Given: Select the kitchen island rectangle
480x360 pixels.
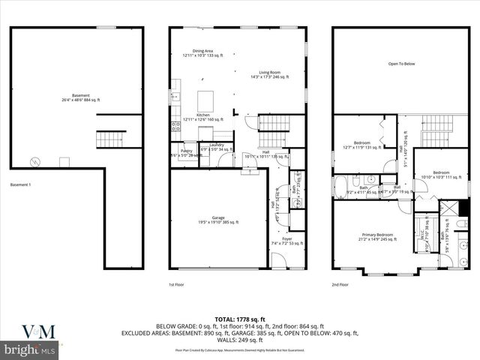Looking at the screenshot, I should pyautogui.click(x=204, y=100).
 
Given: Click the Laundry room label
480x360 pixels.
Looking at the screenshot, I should pyautogui.click(x=217, y=147).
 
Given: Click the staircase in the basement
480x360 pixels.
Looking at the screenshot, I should pyautogui.click(x=110, y=139).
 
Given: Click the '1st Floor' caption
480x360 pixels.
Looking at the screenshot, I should pyautogui.click(x=176, y=285).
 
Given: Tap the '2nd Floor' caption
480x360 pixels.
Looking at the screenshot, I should pyautogui.click(x=340, y=285).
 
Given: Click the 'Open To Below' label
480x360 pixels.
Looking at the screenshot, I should pyautogui.click(x=401, y=64).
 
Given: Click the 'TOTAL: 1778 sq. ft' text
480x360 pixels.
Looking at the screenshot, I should pyautogui.click(x=239, y=319).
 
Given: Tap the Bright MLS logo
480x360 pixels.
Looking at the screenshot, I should pyautogui.click(x=30, y=350).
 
